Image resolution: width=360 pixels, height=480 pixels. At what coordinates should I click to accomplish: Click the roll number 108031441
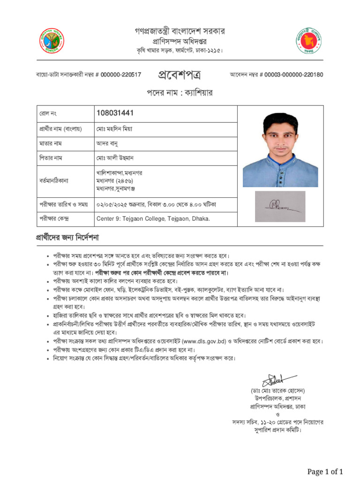coord(115,113)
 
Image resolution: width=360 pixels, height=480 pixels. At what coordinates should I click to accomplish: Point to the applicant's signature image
coord(280,206)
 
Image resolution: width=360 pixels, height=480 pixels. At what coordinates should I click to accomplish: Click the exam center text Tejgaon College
coord(153,219)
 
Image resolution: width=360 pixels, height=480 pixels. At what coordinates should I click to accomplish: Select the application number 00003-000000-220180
coord(293,75)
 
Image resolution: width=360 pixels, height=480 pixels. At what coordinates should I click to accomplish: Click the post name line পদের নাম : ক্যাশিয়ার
coord(180,93)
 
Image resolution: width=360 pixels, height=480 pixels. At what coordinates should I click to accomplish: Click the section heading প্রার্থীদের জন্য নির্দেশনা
coord(67,237)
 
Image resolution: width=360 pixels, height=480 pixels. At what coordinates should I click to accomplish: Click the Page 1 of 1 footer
coord(325,471)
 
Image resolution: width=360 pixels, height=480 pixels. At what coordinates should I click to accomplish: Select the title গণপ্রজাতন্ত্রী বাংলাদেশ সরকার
coord(180,31)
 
